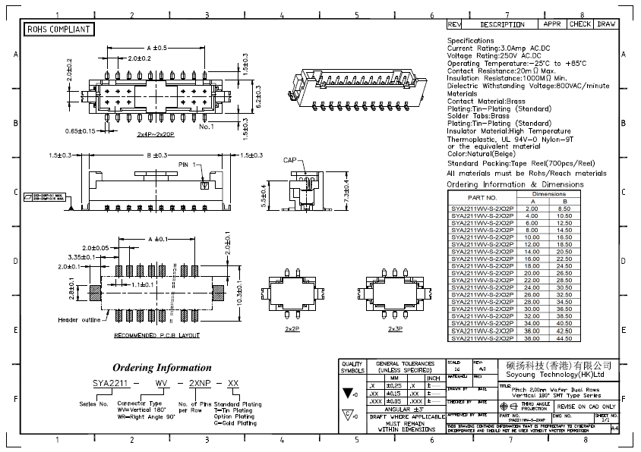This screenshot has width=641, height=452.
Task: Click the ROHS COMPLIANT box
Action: [59, 30]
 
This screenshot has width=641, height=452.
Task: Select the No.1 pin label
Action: [207, 127]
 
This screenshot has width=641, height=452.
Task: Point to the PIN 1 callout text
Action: [188, 165]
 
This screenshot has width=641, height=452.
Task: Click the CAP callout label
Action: [290, 160]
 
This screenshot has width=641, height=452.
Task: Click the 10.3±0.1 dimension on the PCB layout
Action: [238, 291]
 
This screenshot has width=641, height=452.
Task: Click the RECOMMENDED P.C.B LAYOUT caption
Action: [157, 334]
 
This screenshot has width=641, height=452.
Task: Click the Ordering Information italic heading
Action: [162, 368]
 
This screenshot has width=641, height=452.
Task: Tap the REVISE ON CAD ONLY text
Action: [586, 406]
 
